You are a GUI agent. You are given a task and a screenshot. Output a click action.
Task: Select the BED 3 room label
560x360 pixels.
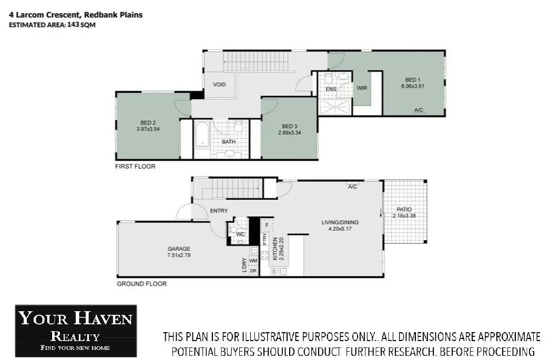pyautogui.click(x=290, y=126)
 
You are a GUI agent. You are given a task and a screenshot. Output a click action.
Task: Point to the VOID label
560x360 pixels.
pyautogui.click(x=219, y=84)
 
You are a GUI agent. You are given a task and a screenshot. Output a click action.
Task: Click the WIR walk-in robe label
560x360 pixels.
pyautogui.click(x=362, y=88)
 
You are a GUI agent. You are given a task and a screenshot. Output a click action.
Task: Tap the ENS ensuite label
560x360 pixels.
pyautogui.click(x=331, y=89)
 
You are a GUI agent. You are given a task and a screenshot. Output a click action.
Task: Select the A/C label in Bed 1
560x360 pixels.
pyautogui.click(x=419, y=110)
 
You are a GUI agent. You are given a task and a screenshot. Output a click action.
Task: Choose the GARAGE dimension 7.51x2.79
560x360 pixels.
pyautogui.click(x=179, y=255)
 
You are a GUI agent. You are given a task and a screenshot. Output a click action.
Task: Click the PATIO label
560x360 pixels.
pyautogui.click(x=404, y=209)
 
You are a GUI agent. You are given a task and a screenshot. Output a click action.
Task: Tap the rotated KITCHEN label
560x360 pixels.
pyautogui.click(x=274, y=249)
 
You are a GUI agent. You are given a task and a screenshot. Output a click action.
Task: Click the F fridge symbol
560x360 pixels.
pyautogui.click(x=267, y=225)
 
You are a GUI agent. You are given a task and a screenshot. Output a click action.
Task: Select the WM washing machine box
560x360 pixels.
pyautogui.click(x=253, y=260)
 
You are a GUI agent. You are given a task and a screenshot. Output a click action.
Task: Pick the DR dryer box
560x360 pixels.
pyautogui.click(x=253, y=271)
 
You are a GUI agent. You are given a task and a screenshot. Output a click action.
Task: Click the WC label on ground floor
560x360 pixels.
pyautogui.click(x=240, y=234)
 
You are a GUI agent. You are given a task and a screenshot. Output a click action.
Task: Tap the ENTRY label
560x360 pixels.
pyautogui.click(x=218, y=211)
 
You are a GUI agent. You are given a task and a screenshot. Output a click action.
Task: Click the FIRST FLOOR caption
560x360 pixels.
pyautogui.click(x=135, y=166)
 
